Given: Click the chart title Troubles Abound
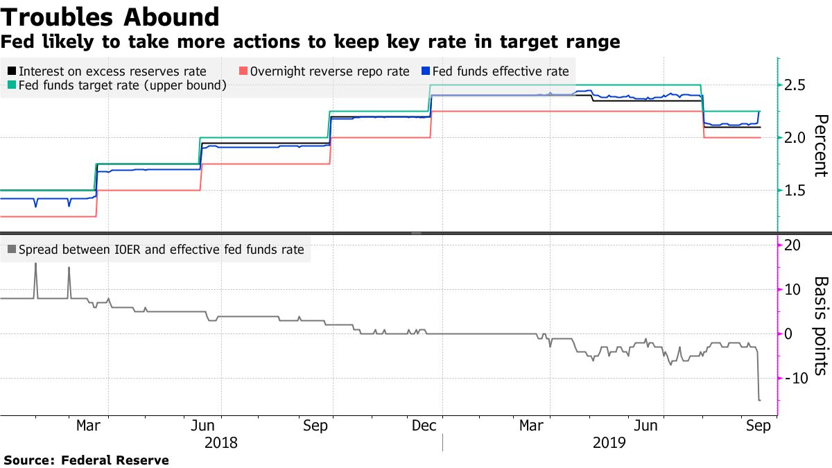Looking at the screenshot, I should [110, 17].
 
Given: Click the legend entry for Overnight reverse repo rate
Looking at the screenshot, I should [324, 71].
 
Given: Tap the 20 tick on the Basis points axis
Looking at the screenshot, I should [792, 245].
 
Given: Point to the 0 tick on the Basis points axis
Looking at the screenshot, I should [788, 333].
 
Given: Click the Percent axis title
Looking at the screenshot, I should [820, 146].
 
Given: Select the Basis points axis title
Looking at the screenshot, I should [820, 325].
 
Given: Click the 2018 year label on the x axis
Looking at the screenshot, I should [220, 442].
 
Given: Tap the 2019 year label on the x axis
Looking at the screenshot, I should [609, 442].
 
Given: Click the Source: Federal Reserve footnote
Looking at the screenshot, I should [87, 460].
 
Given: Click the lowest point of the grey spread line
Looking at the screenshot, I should [759, 400].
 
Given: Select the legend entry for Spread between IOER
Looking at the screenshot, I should [156, 250].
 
